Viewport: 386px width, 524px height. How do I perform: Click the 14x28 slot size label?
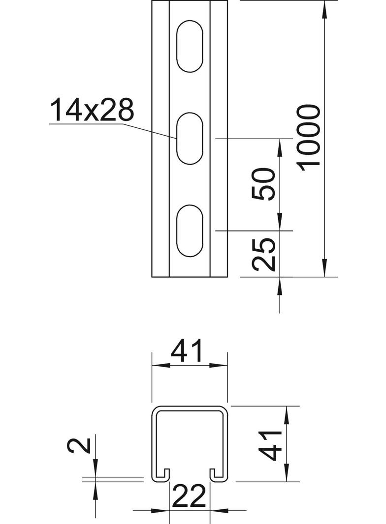[x=92, y=111]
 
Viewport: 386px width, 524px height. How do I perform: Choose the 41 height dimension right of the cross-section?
[x=270, y=444]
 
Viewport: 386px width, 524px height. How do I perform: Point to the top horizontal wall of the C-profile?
[x=190, y=408]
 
